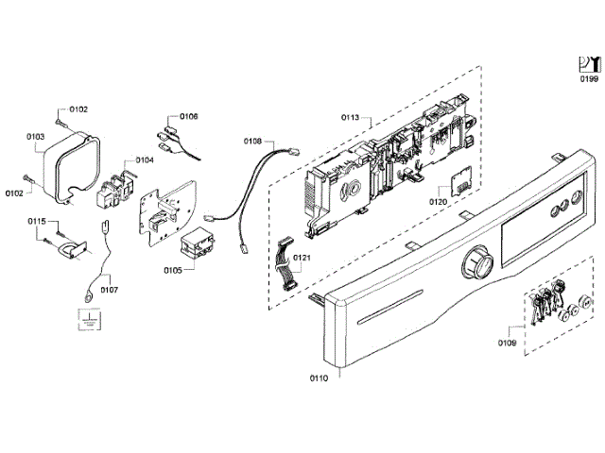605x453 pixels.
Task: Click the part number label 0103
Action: (36, 136)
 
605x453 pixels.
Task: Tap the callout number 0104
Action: (144, 159)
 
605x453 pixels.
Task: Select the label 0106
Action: (187, 116)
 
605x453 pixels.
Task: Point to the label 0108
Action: (252, 141)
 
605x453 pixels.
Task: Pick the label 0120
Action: (438, 202)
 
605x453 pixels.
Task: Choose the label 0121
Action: (302, 258)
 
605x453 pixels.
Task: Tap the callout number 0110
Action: (319, 378)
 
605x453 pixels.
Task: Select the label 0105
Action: (172, 270)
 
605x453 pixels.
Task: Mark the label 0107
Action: (110, 290)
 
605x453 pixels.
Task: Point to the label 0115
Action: (36, 221)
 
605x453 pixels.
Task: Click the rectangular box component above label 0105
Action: (199, 244)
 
